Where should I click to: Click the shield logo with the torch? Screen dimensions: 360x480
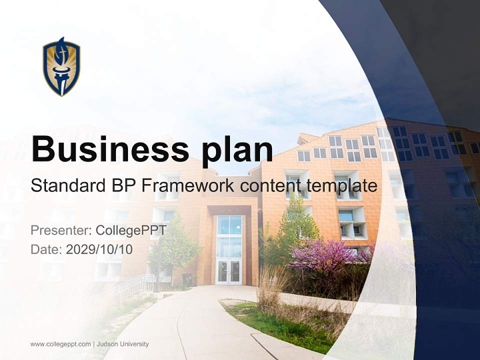[61, 66]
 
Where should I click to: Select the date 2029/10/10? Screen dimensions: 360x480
[99, 249]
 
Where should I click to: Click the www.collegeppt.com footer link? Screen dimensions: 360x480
[60, 344]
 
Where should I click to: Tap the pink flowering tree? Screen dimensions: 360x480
[320, 255]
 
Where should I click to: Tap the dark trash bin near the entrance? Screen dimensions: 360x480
[187, 279]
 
